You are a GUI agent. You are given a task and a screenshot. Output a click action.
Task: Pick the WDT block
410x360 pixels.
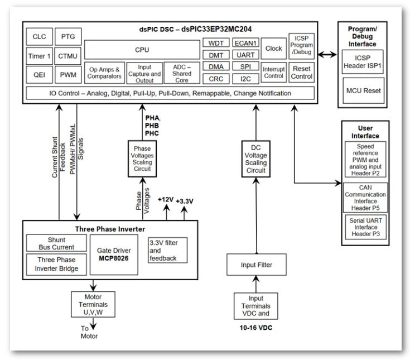pyautogui.click(x=215, y=42)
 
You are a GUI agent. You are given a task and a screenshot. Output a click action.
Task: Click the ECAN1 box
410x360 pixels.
pyautogui.click(x=246, y=42)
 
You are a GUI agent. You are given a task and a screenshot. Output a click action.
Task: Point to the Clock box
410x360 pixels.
pyautogui.click(x=274, y=48)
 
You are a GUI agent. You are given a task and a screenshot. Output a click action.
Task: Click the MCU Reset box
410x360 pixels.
pyautogui.click(x=363, y=89)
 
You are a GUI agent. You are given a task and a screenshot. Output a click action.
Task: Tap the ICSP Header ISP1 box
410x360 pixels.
pyautogui.click(x=363, y=60)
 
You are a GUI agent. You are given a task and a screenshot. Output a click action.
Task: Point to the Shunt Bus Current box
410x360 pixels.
pyautogui.click(x=56, y=243)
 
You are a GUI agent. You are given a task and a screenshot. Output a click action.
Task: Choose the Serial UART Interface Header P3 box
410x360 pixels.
pyautogui.click(x=363, y=228)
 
